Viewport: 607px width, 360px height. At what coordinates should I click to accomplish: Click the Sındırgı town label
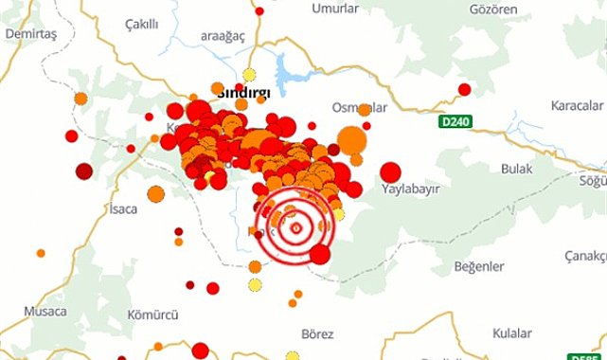coord(245,94)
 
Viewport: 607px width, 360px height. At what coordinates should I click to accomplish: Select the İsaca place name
coord(123,208)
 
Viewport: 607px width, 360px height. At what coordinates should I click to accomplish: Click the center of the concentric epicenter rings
coord(295,226)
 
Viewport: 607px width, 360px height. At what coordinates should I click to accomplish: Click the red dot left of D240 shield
coord(464,90)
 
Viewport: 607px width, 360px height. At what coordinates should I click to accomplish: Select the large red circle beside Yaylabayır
coord(390,172)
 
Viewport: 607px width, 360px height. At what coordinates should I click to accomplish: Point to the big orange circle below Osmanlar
coord(351,140)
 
